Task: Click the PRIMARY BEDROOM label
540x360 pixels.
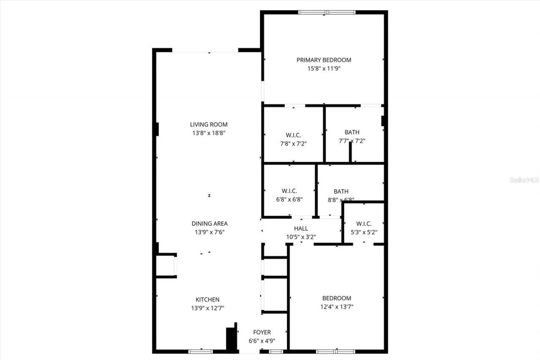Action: [324, 60]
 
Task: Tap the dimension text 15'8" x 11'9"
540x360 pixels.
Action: [324, 68]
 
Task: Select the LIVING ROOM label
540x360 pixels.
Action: [209, 125]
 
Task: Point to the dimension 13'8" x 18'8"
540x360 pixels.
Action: [209, 133]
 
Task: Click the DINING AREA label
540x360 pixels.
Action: [210, 224]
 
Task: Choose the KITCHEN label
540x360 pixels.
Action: [207, 300]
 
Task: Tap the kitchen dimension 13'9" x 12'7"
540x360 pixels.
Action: [207, 308]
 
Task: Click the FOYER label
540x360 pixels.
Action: [262, 333]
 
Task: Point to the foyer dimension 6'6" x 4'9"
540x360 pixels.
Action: [262, 341]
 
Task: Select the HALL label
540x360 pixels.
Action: [301, 229]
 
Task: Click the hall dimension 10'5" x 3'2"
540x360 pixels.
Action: [301, 237]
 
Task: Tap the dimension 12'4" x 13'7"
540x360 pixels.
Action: [337, 306]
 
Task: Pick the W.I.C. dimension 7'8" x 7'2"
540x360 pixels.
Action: [293, 143]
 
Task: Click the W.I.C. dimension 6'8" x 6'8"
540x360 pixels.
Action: [289, 199]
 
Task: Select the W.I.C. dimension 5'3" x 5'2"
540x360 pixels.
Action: [364, 232]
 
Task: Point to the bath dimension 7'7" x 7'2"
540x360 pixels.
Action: [352, 141]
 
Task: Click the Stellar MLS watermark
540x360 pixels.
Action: [524, 180]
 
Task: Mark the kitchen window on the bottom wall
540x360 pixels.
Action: [200, 351]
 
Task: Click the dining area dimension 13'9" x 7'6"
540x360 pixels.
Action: [210, 232]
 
